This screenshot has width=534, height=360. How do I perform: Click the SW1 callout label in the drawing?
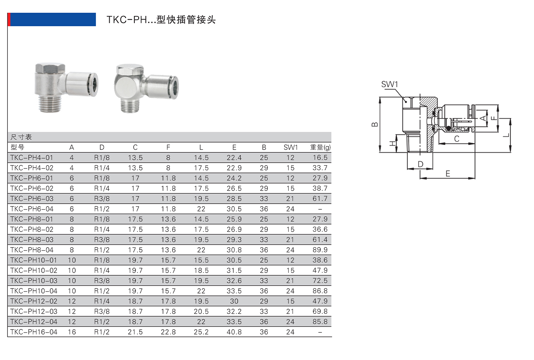tap(389, 84)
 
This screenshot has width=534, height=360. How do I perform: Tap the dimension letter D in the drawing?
tap(420, 164)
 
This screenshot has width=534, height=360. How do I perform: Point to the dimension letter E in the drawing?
tap(448, 174)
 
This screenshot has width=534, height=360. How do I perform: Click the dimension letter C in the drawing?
tap(457, 139)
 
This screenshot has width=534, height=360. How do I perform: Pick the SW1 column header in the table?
tap(290, 147)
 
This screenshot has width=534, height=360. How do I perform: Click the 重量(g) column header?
tap(320, 147)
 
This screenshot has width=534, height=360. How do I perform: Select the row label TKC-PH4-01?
tap(31, 158)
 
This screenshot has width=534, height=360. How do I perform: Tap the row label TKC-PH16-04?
tap(34, 332)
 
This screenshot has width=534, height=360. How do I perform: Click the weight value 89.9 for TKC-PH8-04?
tap(320, 250)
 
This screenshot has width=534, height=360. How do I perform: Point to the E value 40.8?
tap(234, 332)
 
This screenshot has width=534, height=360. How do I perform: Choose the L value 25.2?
tap(201, 332)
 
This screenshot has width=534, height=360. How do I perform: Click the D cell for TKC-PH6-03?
tap(102, 199)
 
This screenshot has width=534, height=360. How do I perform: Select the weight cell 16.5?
tap(320, 158)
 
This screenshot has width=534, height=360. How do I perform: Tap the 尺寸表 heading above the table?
tap(21, 137)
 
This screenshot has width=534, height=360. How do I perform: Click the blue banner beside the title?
tap(52, 19)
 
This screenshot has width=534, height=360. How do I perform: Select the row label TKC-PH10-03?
tap(34, 281)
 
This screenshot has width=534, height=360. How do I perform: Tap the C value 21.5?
tap(135, 332)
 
